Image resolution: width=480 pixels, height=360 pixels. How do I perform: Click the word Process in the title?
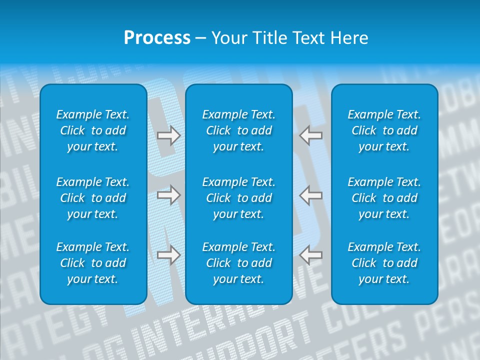click(157, 38)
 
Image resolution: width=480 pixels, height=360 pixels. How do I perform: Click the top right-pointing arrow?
click(168, 135)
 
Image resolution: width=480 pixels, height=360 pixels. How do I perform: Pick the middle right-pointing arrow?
click(168, 194)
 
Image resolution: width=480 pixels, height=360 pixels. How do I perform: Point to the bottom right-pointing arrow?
click(168, 254)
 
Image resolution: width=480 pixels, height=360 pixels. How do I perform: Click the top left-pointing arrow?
click(311, 135)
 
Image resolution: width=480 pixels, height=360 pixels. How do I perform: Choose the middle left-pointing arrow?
click(311, 194)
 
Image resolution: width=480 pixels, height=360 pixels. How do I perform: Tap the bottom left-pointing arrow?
click(311, 254)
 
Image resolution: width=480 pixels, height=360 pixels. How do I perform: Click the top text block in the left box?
click(93, 130)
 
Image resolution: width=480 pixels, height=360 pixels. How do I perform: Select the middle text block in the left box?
click(93, 198)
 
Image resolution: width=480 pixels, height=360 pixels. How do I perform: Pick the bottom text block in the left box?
click(93, 263)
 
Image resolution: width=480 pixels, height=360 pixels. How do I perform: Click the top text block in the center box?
click(238, 130)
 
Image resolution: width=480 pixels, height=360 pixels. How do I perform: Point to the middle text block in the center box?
click(238, 198)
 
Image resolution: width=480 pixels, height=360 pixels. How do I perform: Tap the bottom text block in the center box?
click(238, 263)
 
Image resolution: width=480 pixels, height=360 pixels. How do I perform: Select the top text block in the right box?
click(384, 130)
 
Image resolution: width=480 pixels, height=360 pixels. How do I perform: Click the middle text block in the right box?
click(384, 198)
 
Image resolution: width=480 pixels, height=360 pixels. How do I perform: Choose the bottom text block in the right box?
click(384, 263)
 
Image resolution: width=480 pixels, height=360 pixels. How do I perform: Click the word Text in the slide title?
click(311, 38)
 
